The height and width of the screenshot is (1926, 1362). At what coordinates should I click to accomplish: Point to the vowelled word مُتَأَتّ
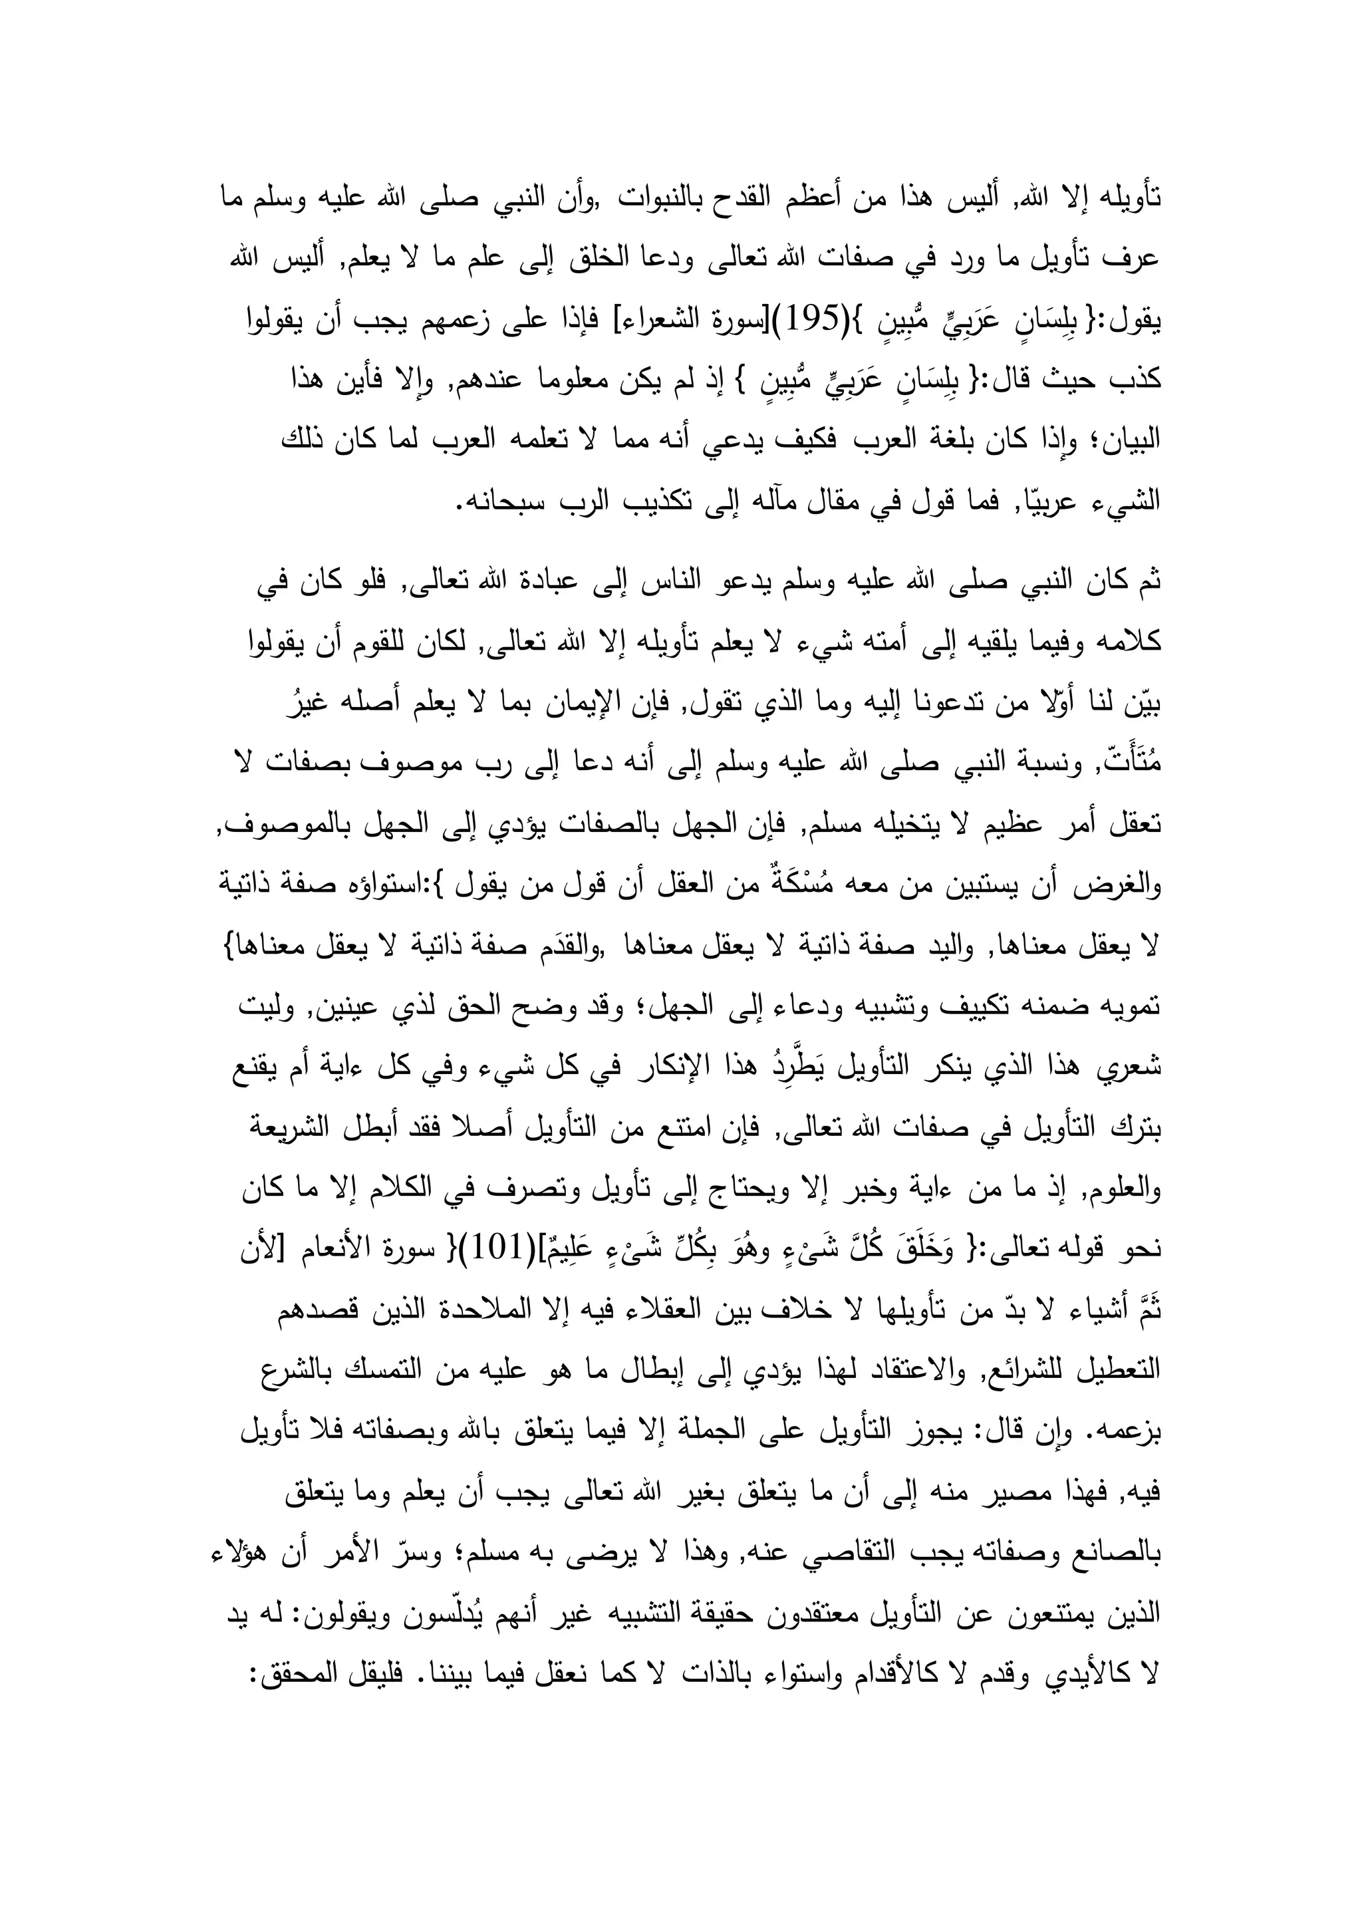[x=1127, y=763]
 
